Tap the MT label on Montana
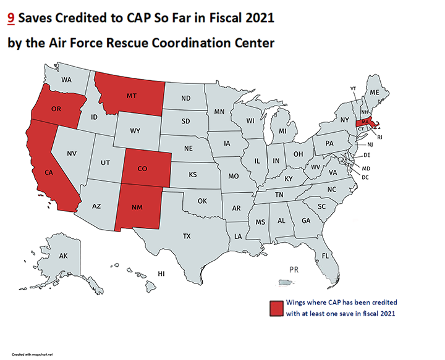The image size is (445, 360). click(x=131, y=96)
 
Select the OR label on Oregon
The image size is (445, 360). click(x=56, y=110)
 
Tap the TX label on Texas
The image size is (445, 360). click(x=186, y=236)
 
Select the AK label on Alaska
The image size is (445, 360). click(x=63, y=255)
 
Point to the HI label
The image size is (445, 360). click(x=161, y=273)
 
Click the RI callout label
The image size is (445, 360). click(x=380, y=136)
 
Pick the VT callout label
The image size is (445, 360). click(x=353, y=88)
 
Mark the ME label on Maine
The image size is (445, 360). click(x=374, y=93)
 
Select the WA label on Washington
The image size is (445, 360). click(x=67, y=80)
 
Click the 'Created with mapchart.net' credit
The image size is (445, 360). click(x=32, y=354)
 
